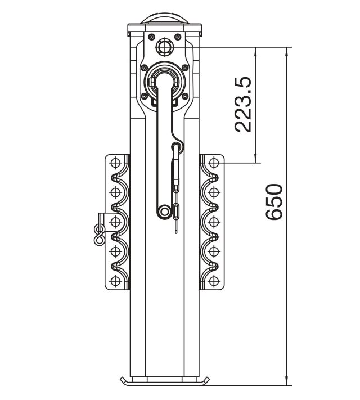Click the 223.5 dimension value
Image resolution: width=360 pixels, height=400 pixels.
click(243, 104)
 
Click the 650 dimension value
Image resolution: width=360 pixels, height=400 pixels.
click(274, 201)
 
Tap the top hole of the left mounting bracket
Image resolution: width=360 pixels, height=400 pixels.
click(115, 163)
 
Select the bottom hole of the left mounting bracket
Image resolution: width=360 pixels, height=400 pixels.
click(115, 281)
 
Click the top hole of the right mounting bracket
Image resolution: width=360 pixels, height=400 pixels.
click(213, 163)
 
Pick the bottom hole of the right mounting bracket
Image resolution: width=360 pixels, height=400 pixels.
click(213, 281)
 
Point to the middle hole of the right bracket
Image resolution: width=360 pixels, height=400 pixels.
click(213, 222)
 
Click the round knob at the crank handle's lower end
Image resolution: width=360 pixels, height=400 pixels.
click(165, 211)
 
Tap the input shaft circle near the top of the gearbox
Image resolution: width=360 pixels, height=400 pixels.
click(164, 47)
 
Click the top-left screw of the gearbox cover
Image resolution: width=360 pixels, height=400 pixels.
click(152, 37)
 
